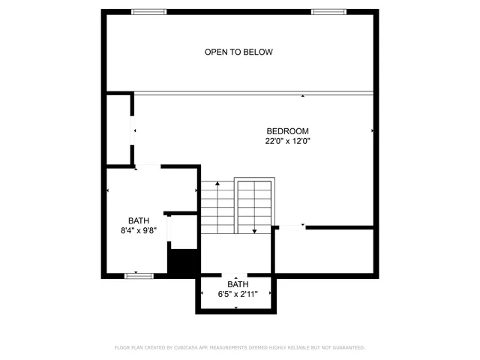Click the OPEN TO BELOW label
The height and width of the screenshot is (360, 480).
238,52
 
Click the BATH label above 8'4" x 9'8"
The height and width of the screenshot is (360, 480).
138,220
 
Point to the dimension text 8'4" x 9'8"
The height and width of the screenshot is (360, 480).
138,231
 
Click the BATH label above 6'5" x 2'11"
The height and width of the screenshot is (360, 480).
238,284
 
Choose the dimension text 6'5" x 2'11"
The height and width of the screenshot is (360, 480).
238,294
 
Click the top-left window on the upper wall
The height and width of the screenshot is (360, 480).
148,11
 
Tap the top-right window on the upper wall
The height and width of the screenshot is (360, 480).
328,11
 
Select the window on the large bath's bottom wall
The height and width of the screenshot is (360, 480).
139,275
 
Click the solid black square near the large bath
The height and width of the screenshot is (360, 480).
182,262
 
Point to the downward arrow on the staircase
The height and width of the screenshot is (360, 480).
255,229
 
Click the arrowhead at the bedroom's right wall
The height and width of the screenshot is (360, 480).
373,131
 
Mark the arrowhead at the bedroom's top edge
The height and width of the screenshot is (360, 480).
302,96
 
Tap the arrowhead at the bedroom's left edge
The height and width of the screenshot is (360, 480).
135,131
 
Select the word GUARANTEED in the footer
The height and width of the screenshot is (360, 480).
345,348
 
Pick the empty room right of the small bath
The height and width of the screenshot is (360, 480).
324,250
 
